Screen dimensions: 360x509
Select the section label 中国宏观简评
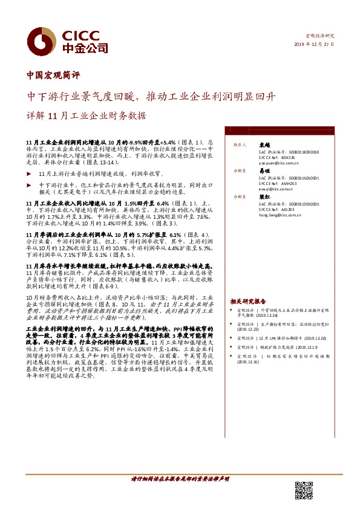pyautogui.click(x=54, y=76)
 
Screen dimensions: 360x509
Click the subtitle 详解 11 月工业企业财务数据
pyautogui.click(x=87, y=115)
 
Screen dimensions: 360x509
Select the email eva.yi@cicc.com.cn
pyautogui.click(x=270, y=189)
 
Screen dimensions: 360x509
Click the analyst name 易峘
pyautogui.click(x=264, y=172)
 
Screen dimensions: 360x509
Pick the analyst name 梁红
pyautogui.click(x=264, y=197)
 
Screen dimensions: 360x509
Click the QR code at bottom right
pyautogui.click(x=304, y=490)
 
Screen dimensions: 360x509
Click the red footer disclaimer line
pyautogui.click(x=180, y=479)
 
